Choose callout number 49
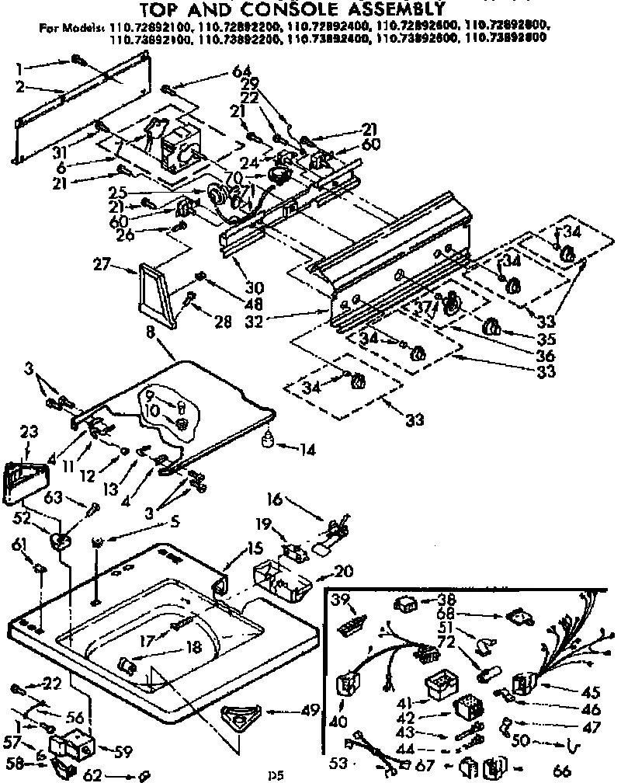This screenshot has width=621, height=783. click(x=310, y=709)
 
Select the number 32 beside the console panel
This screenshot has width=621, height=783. click(x=298, y=318)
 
